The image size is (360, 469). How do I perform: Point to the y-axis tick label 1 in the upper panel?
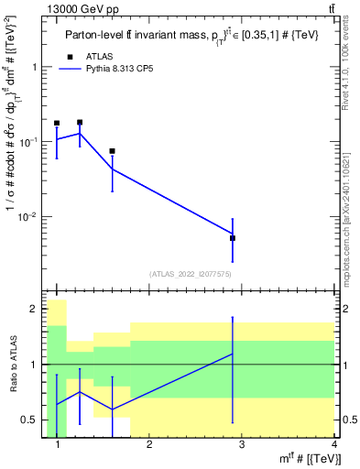tap(34, 67)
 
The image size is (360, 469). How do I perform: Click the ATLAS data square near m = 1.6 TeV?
tap(112, 151)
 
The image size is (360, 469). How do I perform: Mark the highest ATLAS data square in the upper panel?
tap(80, 122)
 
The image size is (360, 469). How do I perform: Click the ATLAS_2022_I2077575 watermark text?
tap(190, 274)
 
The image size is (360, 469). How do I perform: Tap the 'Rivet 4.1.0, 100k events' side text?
tap(352, 64)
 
